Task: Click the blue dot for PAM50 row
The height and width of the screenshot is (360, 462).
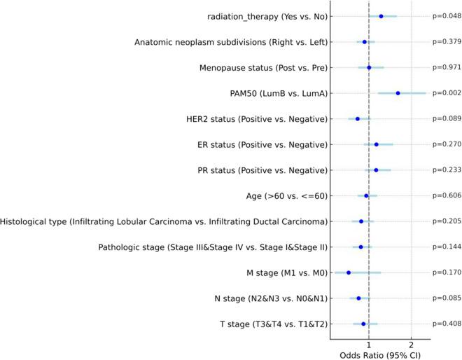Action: click(x=398, y=93)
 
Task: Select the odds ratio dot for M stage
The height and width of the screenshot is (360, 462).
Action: click(x=349, y=272)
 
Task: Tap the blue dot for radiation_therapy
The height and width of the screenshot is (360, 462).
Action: click(x=381, y=16)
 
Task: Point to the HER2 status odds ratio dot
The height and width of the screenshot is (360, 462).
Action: click(x=357, y=119)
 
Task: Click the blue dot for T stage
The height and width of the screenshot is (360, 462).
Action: click(x=363, y=324)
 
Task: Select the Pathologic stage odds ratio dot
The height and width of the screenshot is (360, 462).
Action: click(x=361, y=247)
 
